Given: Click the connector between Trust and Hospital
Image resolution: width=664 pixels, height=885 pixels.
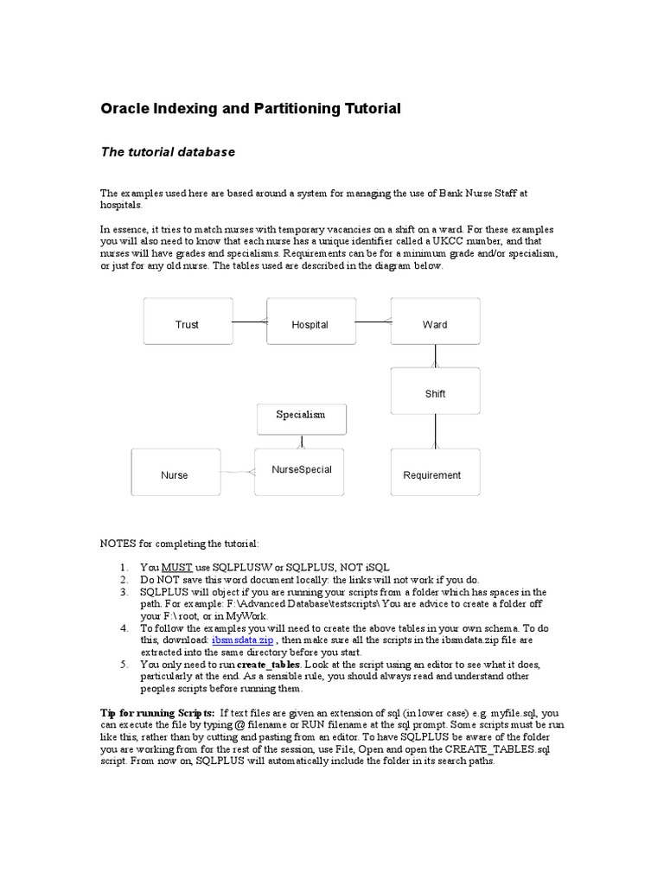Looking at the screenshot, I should (250, 322).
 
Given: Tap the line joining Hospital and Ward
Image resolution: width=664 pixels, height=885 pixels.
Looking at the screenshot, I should (373, 322).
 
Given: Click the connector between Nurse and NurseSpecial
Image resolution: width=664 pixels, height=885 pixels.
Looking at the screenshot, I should (236, 472).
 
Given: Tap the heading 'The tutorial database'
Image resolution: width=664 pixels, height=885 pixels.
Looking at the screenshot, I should (168, 152).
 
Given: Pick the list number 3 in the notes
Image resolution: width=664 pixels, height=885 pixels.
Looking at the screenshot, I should (124, 591).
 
